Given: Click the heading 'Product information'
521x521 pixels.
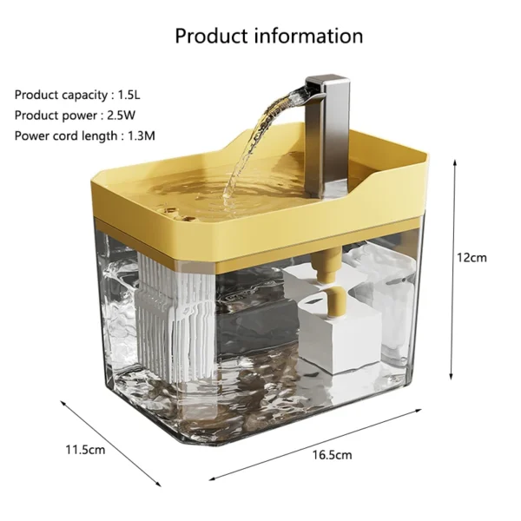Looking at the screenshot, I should (268, 36).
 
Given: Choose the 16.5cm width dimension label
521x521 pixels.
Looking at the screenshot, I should (333, 454).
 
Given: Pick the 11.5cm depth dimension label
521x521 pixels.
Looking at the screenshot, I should (85, 449).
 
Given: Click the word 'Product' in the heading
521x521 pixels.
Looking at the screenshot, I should (211, 36).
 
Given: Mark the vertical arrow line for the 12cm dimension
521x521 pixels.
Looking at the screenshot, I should (452, 269).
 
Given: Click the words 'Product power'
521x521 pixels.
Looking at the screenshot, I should (50, 115).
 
